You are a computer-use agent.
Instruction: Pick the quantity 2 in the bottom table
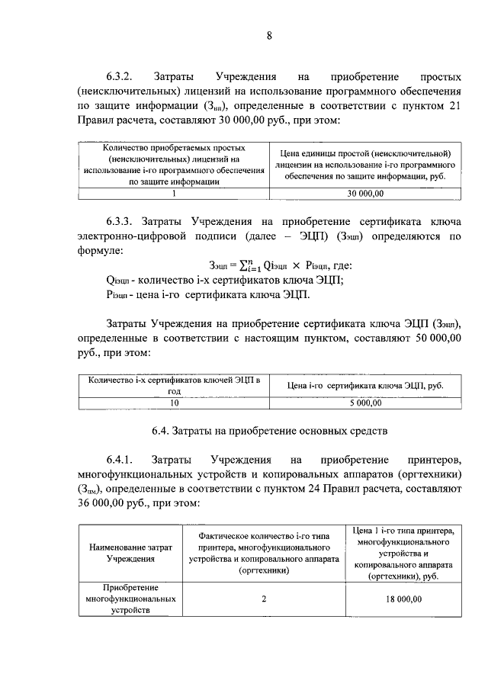pos(263,599)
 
